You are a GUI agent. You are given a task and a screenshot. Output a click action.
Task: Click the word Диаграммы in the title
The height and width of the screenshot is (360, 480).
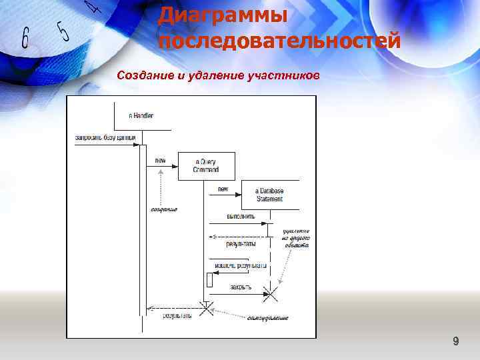222,14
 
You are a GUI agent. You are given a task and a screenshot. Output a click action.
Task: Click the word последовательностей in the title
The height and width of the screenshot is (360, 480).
280,41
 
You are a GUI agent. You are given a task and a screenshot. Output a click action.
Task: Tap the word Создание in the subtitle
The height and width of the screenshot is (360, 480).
145,75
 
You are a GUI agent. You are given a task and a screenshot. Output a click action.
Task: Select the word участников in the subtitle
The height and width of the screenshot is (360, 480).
284,75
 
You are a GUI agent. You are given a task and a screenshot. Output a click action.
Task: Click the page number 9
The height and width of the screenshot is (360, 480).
455,342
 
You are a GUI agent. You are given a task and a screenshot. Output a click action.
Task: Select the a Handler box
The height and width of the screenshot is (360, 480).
141,115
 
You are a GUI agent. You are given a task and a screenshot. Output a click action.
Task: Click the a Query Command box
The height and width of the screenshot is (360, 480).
206,166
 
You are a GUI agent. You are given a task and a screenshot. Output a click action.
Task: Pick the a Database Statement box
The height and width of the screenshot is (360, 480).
269,194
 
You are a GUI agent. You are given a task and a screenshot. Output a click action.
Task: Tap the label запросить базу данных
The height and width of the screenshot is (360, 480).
105,138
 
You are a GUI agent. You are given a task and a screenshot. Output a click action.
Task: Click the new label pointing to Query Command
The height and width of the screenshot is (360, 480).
161,160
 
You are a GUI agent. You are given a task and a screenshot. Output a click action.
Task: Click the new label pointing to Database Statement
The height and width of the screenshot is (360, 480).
223,189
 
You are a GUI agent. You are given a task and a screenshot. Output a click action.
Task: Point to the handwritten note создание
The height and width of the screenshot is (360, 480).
163,209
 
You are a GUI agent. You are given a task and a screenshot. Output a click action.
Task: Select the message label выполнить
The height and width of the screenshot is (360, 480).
241,217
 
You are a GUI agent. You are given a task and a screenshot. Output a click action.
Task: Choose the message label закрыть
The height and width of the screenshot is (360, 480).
241,287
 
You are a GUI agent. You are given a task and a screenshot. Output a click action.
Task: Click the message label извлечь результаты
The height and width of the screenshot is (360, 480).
241,265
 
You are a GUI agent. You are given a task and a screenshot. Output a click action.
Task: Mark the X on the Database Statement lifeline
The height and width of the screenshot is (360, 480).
271,292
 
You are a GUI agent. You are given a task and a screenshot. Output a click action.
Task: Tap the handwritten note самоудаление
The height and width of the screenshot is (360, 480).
268,318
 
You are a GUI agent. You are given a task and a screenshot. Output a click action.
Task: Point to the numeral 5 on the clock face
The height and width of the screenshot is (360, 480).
64,30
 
